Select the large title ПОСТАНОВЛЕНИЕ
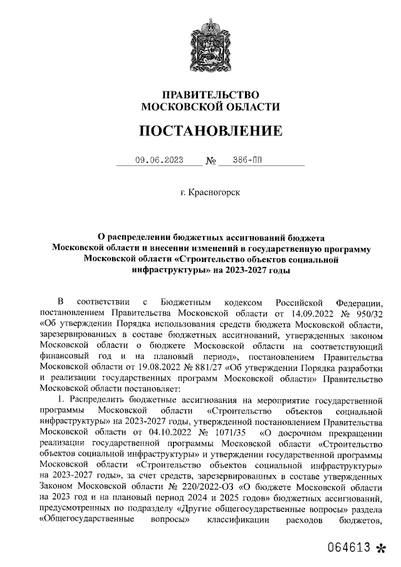pos(211,131)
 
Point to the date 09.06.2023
pos(159,160)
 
